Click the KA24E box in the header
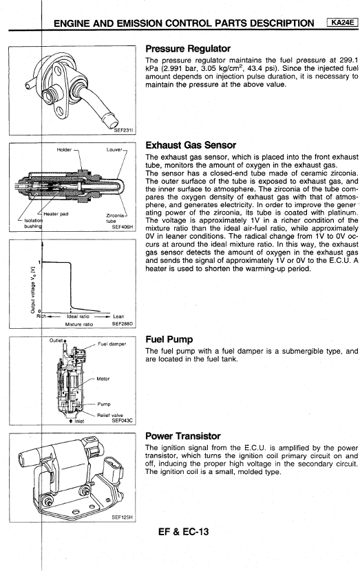(342, 23)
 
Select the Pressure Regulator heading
(188, 48)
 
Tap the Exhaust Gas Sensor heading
(191, 145)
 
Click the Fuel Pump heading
(169, 339)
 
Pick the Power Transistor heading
(183, 436)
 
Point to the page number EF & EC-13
(184, 532)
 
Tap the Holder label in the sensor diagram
(64, 150)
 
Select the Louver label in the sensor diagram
(114, 150)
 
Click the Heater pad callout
(56, 214)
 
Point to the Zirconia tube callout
(115, 218)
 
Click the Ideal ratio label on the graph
(78, 316)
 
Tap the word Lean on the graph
(118, 316)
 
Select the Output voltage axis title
(33, 290)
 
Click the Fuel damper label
(112, 344)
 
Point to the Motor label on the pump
(103, 379)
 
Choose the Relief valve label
(110, 415)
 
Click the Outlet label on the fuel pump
(56, 341)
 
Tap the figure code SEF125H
(122, 517)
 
